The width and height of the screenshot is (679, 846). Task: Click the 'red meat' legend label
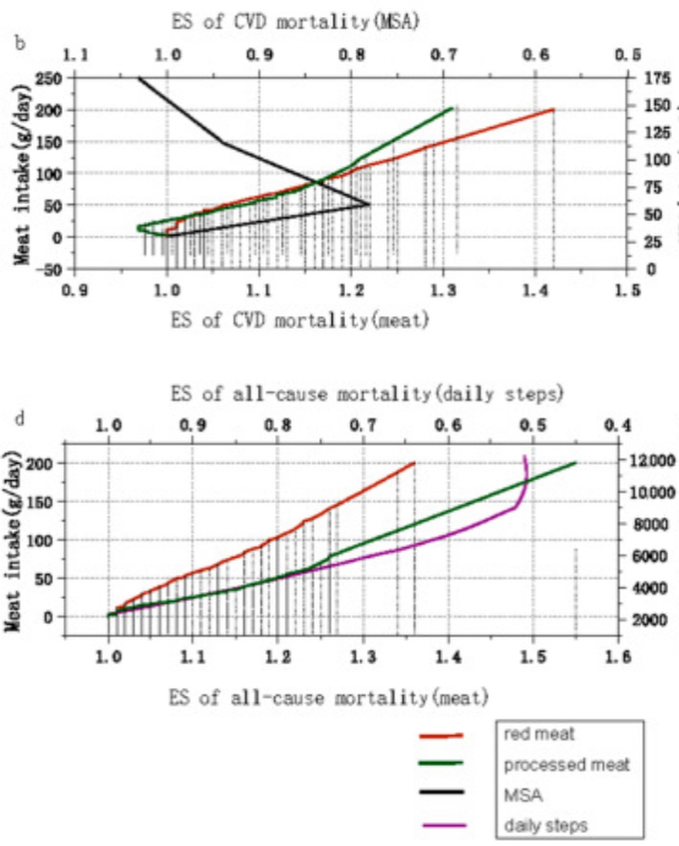[539, 734]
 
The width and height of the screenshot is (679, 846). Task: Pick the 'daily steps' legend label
[546, 826]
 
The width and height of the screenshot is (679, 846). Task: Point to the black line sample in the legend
[441, 792]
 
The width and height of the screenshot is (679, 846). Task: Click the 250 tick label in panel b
[49, 78]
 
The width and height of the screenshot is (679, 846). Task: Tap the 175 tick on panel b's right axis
[657, 78]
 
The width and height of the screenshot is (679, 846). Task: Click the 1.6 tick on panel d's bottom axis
[618, 657]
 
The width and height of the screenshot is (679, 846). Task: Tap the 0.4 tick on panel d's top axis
[618, 426]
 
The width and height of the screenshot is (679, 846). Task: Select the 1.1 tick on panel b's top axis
[75, 56]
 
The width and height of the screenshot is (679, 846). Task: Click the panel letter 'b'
[20, 44]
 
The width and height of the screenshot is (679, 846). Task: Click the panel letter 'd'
[20, 418]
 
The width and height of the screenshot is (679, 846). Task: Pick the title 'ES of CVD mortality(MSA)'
[295, 22]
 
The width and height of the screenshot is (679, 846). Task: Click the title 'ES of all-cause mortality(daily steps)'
[367, 393]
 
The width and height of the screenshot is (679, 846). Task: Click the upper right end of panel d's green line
[576, 463]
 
